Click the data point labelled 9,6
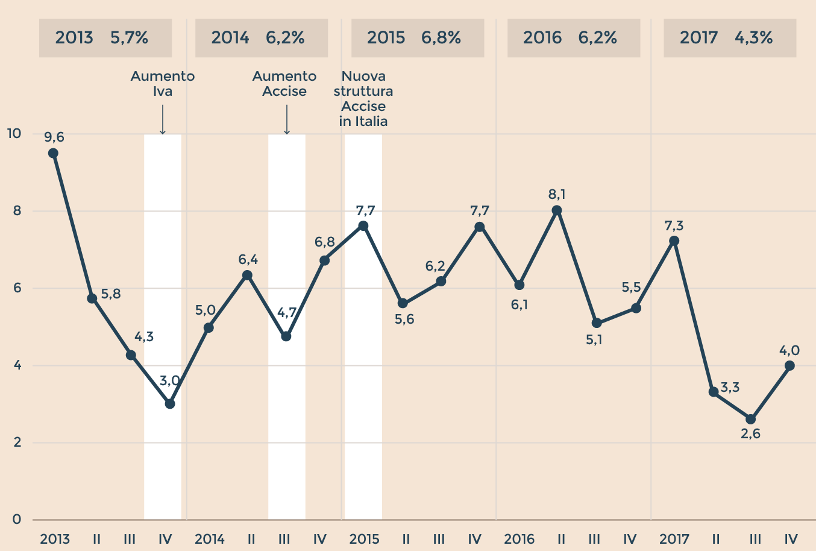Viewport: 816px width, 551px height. (x=53, y=153)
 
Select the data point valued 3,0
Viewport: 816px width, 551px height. (x=170, y=404)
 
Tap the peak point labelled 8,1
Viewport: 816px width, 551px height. (x=557, y=210)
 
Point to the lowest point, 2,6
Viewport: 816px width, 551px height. (x=750, y=420)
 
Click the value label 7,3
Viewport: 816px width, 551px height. (x=674, y=226)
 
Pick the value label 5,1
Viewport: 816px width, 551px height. (x=594, y=340)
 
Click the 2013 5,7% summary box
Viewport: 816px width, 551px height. (x=105, y=38)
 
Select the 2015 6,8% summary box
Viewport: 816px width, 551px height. (x=418, y=38)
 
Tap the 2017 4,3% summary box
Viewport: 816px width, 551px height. (x=730, y=38)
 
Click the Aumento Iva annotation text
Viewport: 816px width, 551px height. (x=163, y=84)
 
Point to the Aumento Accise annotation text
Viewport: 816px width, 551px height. (x=284, y=84)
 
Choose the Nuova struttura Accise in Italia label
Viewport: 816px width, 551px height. (x=363, y=99)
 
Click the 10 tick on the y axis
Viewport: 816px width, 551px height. (x=13, y=133)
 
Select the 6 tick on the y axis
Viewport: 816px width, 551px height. (x=17, y=288)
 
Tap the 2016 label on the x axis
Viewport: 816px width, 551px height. (x=519, y=539)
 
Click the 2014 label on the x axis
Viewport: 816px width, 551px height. (x=210, y=539)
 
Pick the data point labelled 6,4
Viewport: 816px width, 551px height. (x=247, y=275)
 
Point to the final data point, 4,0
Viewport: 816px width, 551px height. (x=789, y=366)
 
